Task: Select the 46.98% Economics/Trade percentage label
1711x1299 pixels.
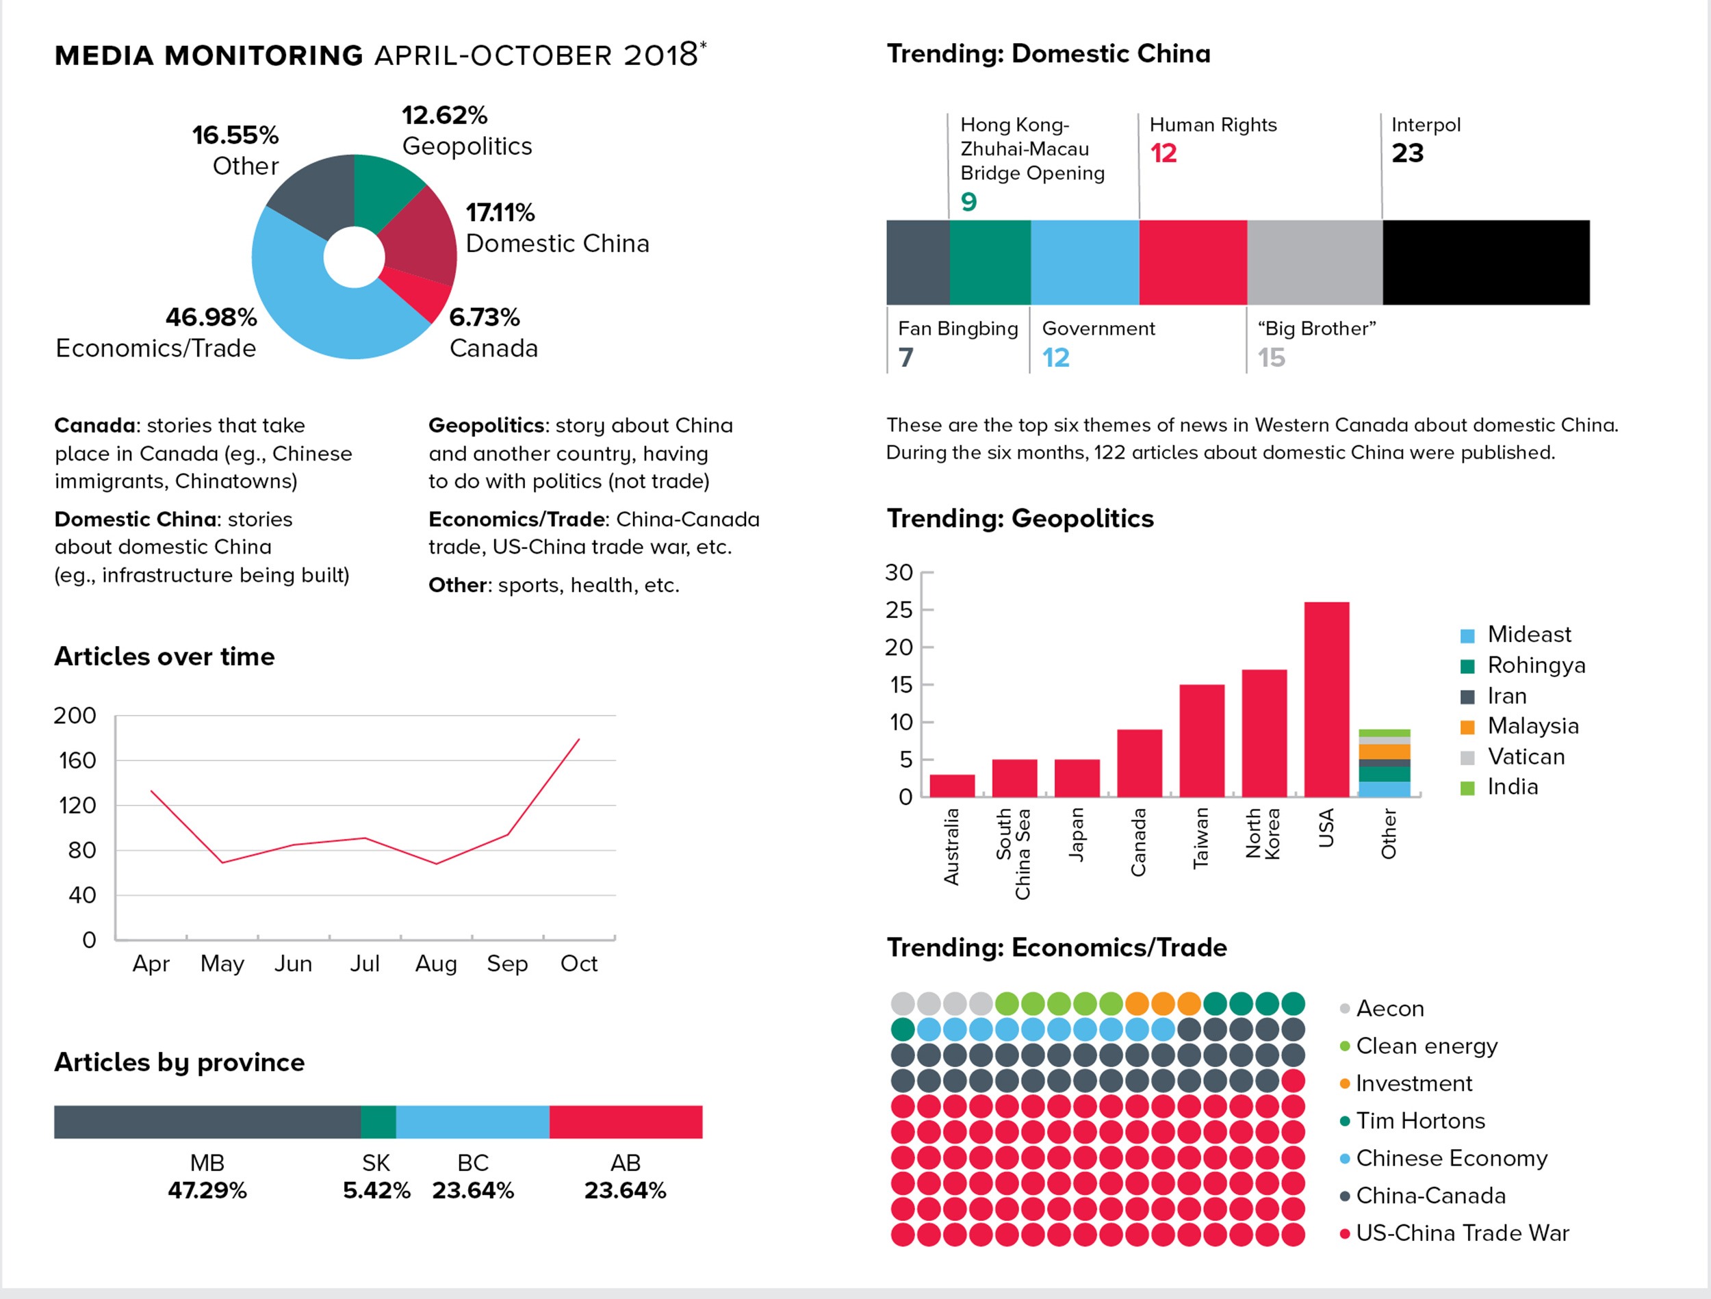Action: [x=211, y=317]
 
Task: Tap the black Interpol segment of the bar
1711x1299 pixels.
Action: [x=1485, y=262]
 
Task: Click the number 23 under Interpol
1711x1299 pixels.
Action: [x=1407, y=153]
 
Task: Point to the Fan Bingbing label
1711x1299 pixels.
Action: [x=957, y=329]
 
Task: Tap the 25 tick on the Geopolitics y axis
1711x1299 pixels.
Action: [x=899, y=610]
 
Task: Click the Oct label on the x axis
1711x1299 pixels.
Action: [x=578, y=964]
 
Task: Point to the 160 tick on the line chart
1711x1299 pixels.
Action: [x=77, y=760]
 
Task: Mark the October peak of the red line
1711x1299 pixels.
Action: [x=578, y=740]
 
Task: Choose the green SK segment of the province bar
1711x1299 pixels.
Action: [x=378, y=1122]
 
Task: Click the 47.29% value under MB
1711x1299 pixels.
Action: [x=207, y=1190]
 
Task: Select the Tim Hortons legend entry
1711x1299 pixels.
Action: [x=1419, y=1121]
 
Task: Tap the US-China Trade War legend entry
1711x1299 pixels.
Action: [x=1461, y=1233]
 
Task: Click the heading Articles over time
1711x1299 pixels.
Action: [x=164, y=657]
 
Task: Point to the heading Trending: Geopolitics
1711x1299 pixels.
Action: [x=1020, y=518]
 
